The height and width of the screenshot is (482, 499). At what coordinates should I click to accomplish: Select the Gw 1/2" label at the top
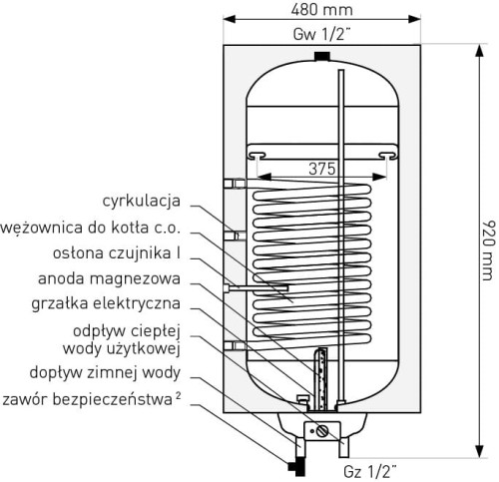point(320,34)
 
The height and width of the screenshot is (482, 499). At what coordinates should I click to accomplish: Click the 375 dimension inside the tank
point(320,169)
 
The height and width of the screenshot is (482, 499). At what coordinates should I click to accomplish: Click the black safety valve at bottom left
point(293,464)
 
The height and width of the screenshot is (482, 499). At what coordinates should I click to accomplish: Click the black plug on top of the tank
point(320,55)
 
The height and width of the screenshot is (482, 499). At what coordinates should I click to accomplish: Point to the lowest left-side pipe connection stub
point(236,345)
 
